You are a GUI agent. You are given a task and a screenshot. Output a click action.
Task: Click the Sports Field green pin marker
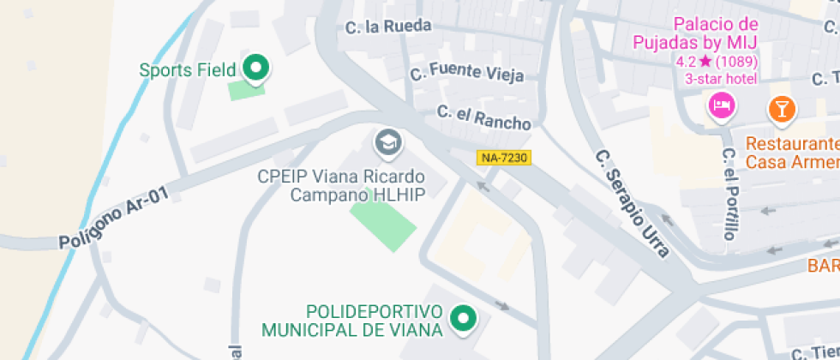tap(255, 68)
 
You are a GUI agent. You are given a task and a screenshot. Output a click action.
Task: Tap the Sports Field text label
tap(187, 70)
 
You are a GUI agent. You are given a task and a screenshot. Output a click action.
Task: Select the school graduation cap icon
tap(389, 142)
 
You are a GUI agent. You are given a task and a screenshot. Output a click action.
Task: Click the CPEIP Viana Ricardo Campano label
tap(352, 185)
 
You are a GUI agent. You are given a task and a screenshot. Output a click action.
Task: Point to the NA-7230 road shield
tap(504, 158)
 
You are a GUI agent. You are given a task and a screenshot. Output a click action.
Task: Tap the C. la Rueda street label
tap(388, 27)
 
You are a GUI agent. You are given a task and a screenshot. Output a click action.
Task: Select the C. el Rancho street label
tap(483, 117)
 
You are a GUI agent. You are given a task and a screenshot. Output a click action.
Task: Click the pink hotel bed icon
tap(721, 106)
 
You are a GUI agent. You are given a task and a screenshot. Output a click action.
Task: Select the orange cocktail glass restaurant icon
tap(782, 108)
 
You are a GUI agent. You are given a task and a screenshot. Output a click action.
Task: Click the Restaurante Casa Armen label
tap(792, 153)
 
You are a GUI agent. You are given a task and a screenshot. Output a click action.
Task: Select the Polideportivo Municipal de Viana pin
tap(464, 319)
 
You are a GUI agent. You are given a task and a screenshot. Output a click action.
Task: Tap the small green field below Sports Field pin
tap(246, 89)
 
